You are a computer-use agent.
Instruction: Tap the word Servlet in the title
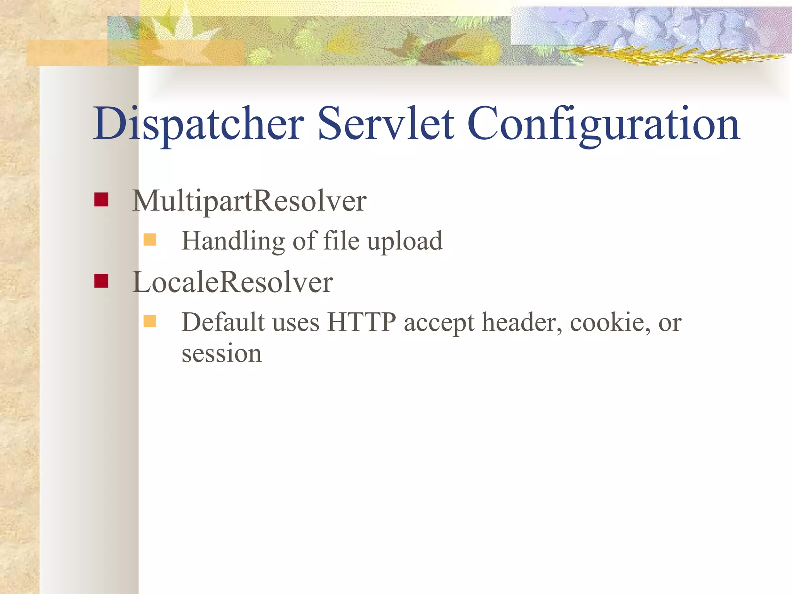(x=386, y=124)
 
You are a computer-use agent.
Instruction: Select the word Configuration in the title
(x=603, y=124)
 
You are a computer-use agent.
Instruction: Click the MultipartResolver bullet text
(x=249, y=201)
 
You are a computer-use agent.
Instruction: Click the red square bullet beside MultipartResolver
(x=101, y=200)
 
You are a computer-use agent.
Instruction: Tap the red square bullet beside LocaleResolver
(x=101, y=281)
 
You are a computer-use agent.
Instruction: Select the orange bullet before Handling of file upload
(x=150, y=240)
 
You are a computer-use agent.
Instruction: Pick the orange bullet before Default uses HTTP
(x=150, y=321)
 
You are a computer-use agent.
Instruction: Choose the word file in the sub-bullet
(x=341, y=240)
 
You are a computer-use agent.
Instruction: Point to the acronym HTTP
(x=361, y=322)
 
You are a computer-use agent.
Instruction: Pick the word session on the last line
(x=222, y=353)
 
